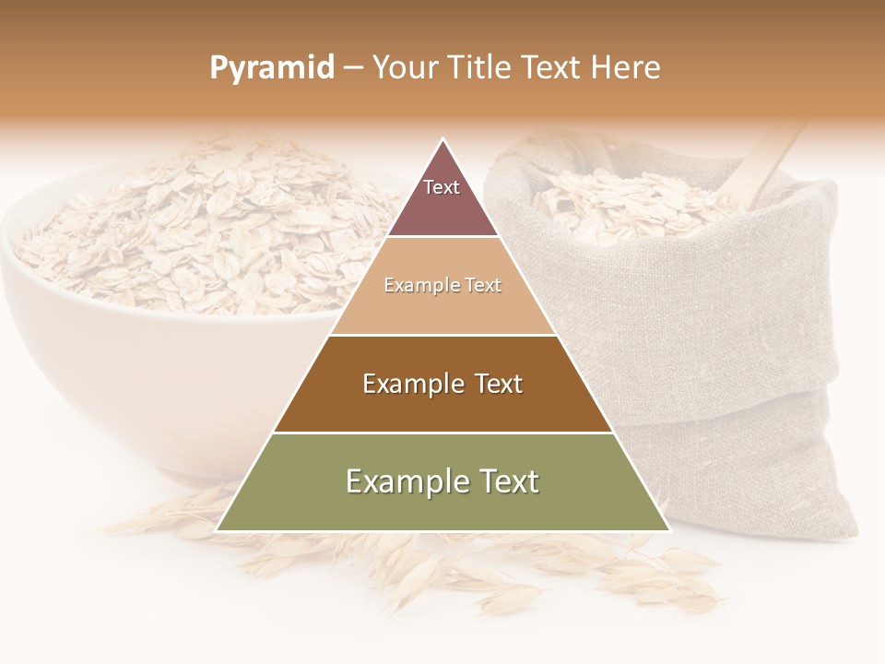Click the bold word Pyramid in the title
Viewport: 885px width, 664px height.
pos(271,68)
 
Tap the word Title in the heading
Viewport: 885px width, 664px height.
pos(479,68)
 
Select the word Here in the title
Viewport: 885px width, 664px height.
pos(626,68)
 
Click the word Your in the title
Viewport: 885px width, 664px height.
pos(406,68)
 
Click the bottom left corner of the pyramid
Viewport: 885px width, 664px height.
pos(218,530)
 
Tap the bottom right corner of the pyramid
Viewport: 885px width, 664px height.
pos(668,530)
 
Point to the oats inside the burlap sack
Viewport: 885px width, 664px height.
pos(627,203)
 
